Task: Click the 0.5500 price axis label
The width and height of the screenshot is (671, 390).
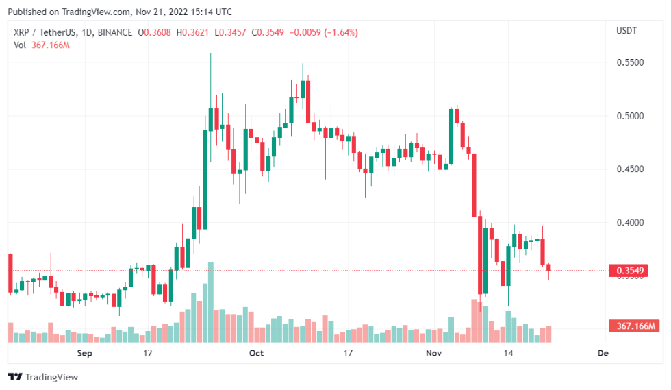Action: (631, 62)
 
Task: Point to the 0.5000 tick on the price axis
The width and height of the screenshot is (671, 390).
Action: (631, 116)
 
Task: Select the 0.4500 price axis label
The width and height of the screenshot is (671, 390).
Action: (631, 169)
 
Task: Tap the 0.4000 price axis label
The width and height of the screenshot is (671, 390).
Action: (631, 223)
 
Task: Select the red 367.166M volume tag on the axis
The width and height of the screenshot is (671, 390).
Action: (634, 326)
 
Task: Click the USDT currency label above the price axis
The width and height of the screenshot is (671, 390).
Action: (626, 31)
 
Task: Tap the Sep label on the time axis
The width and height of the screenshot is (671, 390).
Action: (84, 354)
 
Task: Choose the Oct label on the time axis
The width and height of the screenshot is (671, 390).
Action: (256, 354)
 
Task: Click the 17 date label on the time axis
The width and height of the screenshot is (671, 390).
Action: (348, 354)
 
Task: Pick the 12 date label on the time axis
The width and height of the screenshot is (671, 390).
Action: (147, 354)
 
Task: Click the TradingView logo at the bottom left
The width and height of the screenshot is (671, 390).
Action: (42, 377)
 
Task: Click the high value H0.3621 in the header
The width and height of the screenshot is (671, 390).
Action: (192, 32)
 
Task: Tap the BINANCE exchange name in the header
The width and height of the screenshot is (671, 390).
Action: (115, 32)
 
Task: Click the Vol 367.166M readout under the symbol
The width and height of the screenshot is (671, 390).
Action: (42, 45)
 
